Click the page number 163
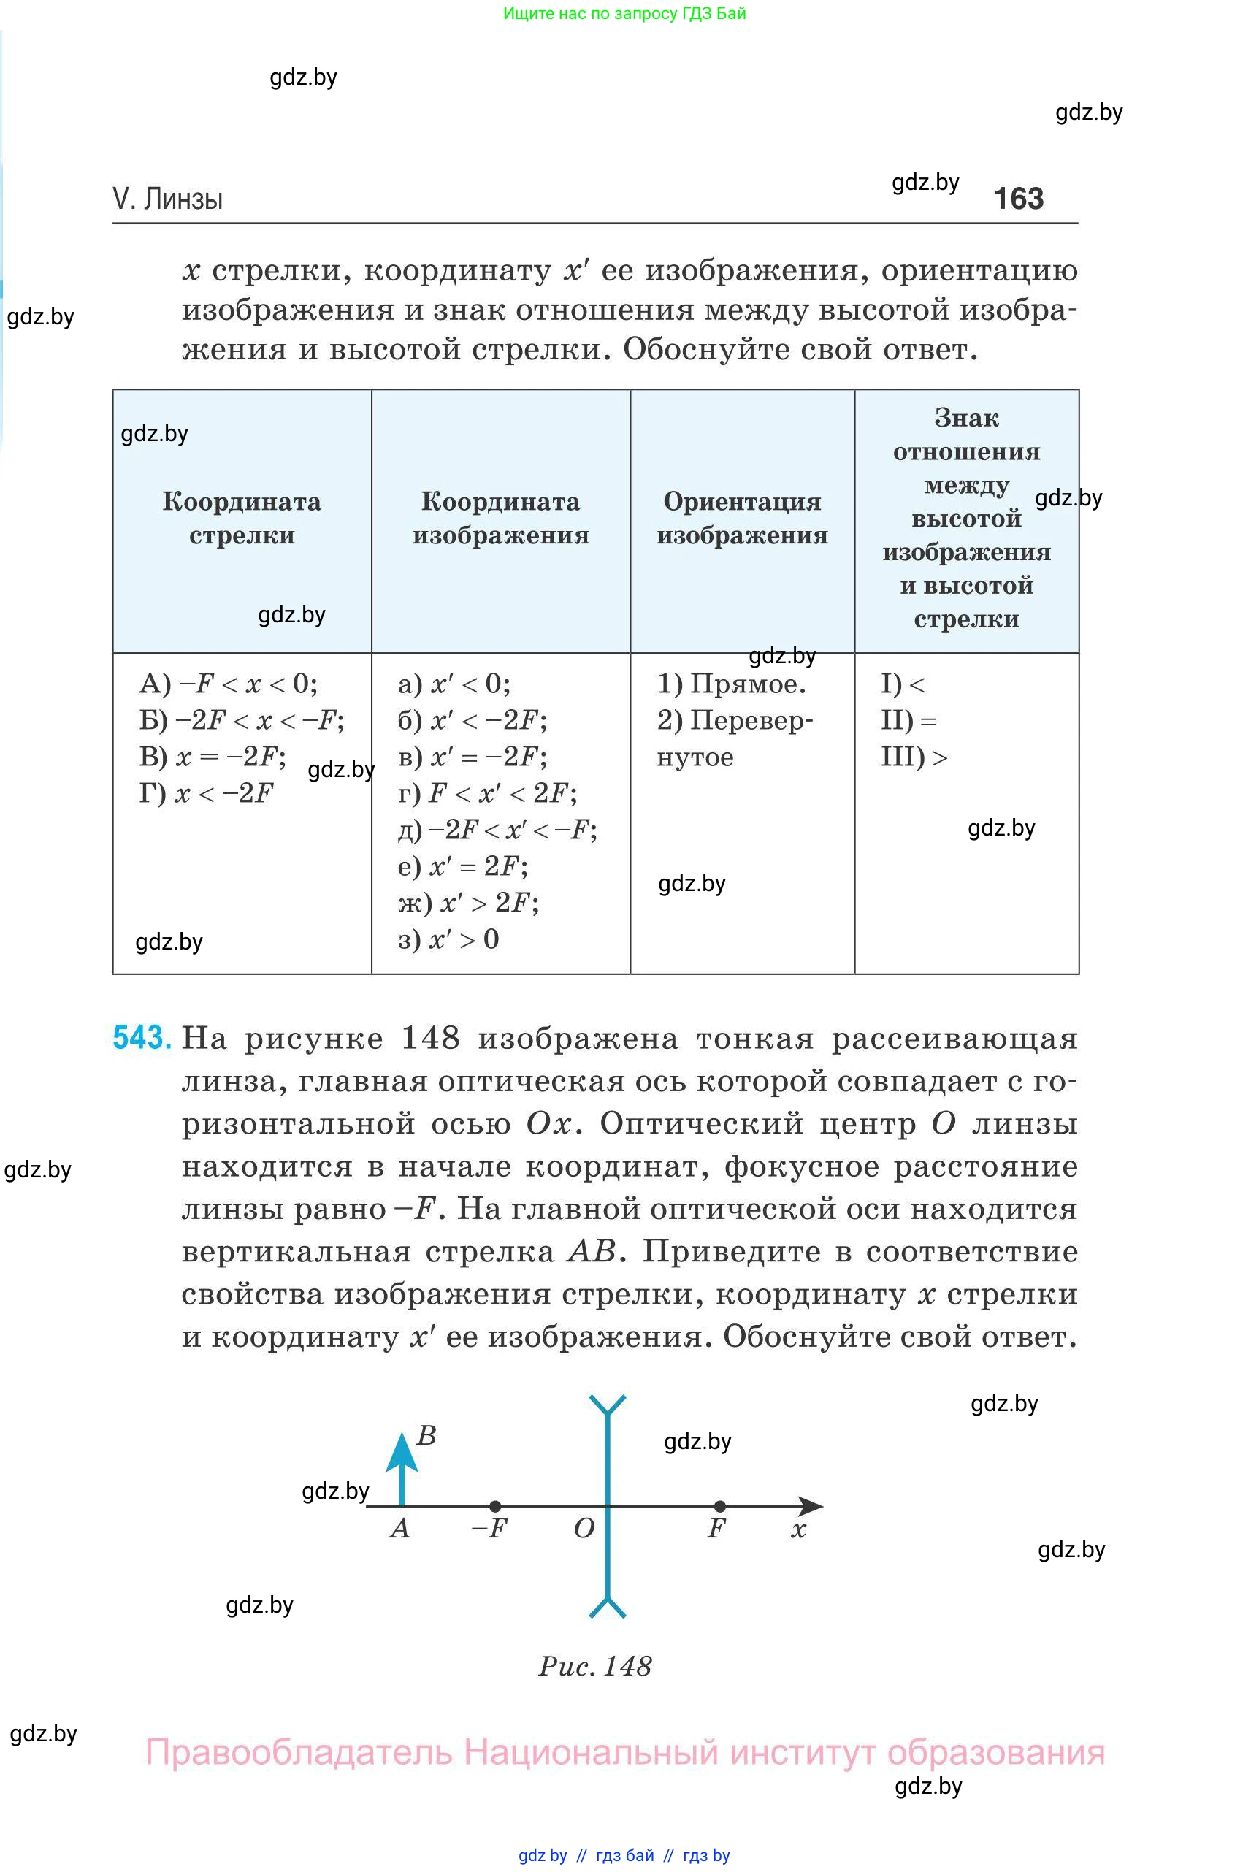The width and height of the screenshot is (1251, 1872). coord(1018,199)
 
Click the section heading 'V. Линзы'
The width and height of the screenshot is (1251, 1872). coord(167,199)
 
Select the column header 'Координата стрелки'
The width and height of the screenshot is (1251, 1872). coord(242,518)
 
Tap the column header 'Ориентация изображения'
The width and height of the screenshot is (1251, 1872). coord(742,518)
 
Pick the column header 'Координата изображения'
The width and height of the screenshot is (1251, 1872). coord(500,518)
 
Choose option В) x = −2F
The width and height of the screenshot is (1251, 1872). coord(213,757)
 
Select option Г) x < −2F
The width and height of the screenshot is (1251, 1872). coord(206,793)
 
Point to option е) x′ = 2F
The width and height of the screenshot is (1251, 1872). coord(463,866)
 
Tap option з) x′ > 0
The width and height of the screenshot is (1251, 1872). coord(448,939)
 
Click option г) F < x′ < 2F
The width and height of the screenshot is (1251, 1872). coord(488,793)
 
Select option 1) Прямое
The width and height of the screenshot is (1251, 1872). coord(731,684)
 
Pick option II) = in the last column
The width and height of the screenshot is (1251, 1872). coord(908,721)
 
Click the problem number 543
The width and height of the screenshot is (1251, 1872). coord(142,1037)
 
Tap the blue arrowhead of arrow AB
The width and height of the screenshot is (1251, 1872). coord(402,1453)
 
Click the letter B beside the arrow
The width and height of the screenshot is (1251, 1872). coord(426,1435)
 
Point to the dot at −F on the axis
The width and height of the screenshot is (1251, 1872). coord(495,1506)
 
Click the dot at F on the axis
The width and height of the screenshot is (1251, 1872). coord(719,1506)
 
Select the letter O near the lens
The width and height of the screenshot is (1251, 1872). coord(584,1529)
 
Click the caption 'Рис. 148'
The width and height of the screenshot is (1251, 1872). coord(595,1666)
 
